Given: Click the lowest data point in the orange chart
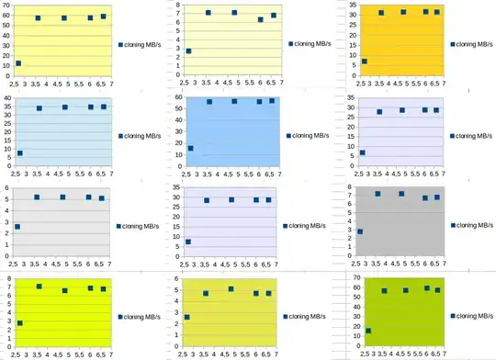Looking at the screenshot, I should (365, 62).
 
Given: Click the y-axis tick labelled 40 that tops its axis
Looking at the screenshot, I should (6, 98).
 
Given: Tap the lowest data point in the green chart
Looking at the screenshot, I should (368, 331).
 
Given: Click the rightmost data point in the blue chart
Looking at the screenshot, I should (272, 101).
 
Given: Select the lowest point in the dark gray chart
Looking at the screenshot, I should (360, 231).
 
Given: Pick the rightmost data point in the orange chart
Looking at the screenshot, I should (437, 12).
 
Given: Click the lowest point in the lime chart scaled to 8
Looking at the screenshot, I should (20, 323).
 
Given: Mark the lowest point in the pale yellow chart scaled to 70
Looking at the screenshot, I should (18, 63).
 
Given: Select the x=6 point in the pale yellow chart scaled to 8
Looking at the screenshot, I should (260, 19).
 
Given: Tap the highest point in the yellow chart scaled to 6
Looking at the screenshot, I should (231, 288).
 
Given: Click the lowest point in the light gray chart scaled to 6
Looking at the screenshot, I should (17, 226).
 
